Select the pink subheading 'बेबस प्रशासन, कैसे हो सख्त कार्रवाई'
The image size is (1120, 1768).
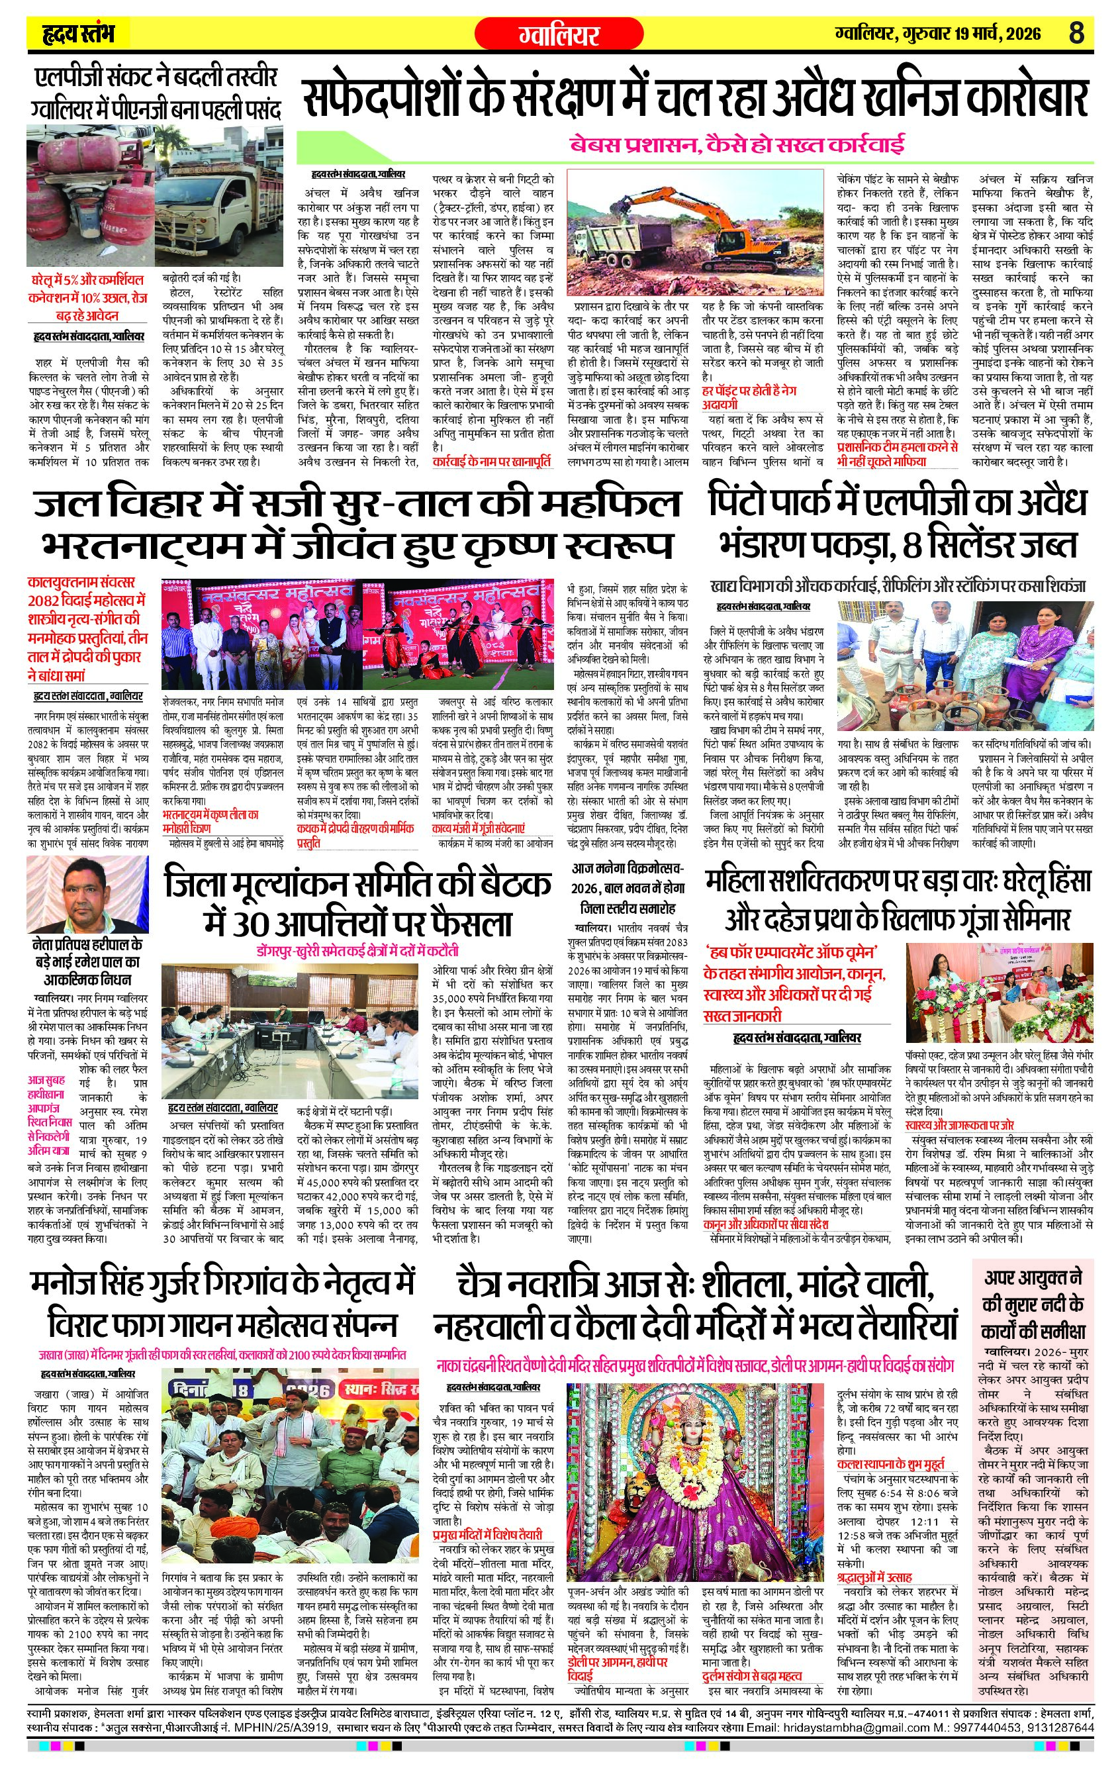736,144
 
